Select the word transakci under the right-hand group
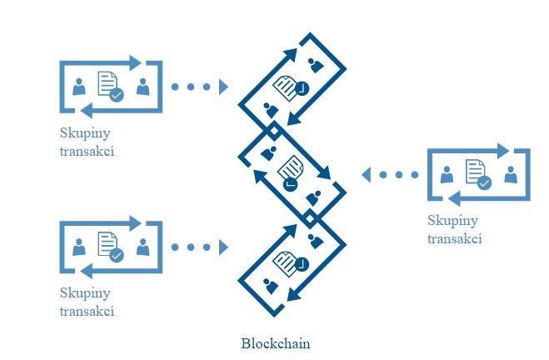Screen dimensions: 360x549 [x=455, y=238]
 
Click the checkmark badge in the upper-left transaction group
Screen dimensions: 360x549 [x=117, y=96]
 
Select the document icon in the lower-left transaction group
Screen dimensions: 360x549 [x=108, y=244]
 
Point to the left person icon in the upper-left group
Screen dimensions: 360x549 [x=80, y=86]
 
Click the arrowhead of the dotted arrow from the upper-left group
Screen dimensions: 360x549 [x=222, y=87]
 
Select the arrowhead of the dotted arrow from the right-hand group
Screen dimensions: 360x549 [x=366, y=175]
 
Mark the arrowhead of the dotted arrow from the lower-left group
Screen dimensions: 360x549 [x=222, y=247]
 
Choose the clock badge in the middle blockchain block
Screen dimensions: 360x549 [x=289, y=184]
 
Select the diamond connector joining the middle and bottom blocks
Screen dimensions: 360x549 [x=308, y=218]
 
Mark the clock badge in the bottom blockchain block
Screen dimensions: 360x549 [x=301, y=264]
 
